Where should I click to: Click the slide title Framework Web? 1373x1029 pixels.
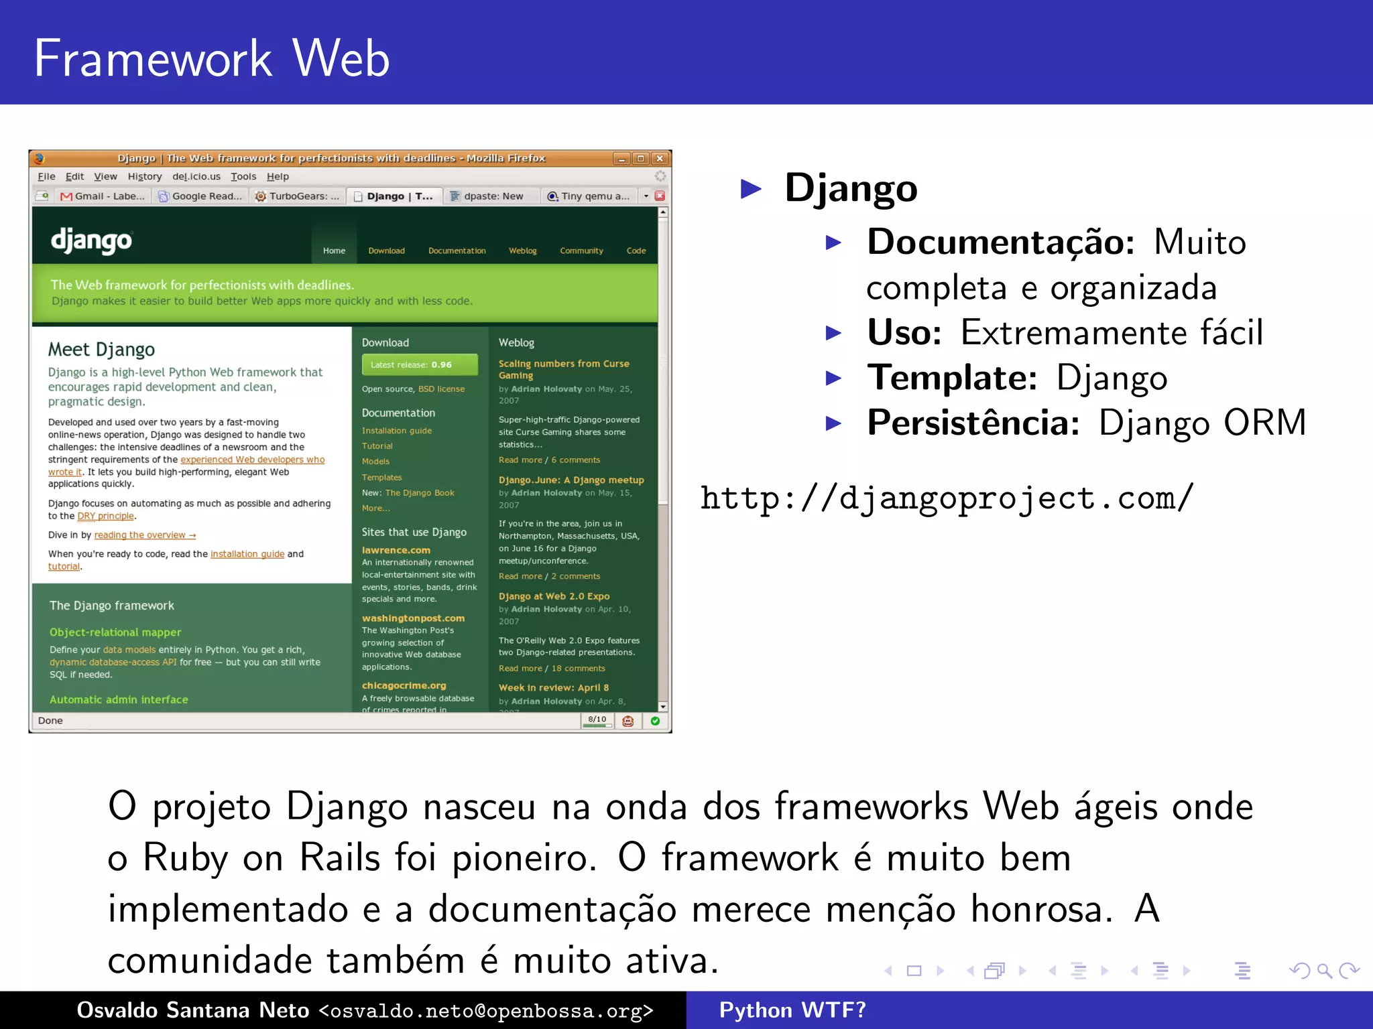[x=211, y=59]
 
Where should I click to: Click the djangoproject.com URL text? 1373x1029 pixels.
[x=947, y=498]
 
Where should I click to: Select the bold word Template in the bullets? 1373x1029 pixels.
[x=952, y=378]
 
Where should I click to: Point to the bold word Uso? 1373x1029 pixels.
[x=904, y=332]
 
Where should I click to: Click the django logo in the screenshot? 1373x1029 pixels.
[x=92, y=241]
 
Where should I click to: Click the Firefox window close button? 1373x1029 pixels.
[x=660, y=159]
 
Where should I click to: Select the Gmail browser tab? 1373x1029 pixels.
[x=103, y=196]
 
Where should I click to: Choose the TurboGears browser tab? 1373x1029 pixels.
[x=298, y=196]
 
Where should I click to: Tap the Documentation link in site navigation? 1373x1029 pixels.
[x=457, y=251]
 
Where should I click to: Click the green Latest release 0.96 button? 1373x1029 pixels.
[x=420, y=364]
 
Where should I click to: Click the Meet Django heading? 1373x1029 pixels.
[x=101, y=350]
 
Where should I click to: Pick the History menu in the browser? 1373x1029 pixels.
[x=145, y=177]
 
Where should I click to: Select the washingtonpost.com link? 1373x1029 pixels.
[x=413, y=618]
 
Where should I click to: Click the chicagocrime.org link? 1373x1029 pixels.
[x=404, y=685]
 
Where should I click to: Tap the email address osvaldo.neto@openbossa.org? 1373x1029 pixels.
[x=485, y=1011]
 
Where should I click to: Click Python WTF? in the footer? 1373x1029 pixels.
[x=792, y=1010]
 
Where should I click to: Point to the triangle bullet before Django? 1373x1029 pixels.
[x=752, y=189]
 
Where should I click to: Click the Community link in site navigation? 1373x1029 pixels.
[x=581, y=251]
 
